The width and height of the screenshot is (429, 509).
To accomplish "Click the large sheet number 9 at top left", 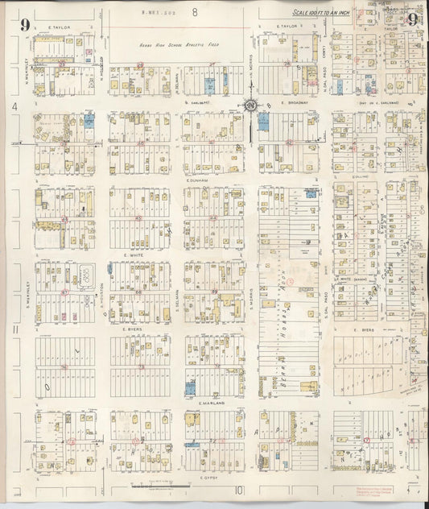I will [x=26, y=25].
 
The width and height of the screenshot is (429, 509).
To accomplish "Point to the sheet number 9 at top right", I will [x=411, y=21].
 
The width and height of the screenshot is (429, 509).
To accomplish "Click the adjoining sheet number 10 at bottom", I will [x=239, y=490].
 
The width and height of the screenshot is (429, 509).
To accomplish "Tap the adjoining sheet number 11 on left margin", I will [x=15, y=330].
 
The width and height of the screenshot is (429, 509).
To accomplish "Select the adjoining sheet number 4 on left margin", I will [x=14, y=106].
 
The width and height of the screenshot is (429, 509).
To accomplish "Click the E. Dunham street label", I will [x=197, y=181].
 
